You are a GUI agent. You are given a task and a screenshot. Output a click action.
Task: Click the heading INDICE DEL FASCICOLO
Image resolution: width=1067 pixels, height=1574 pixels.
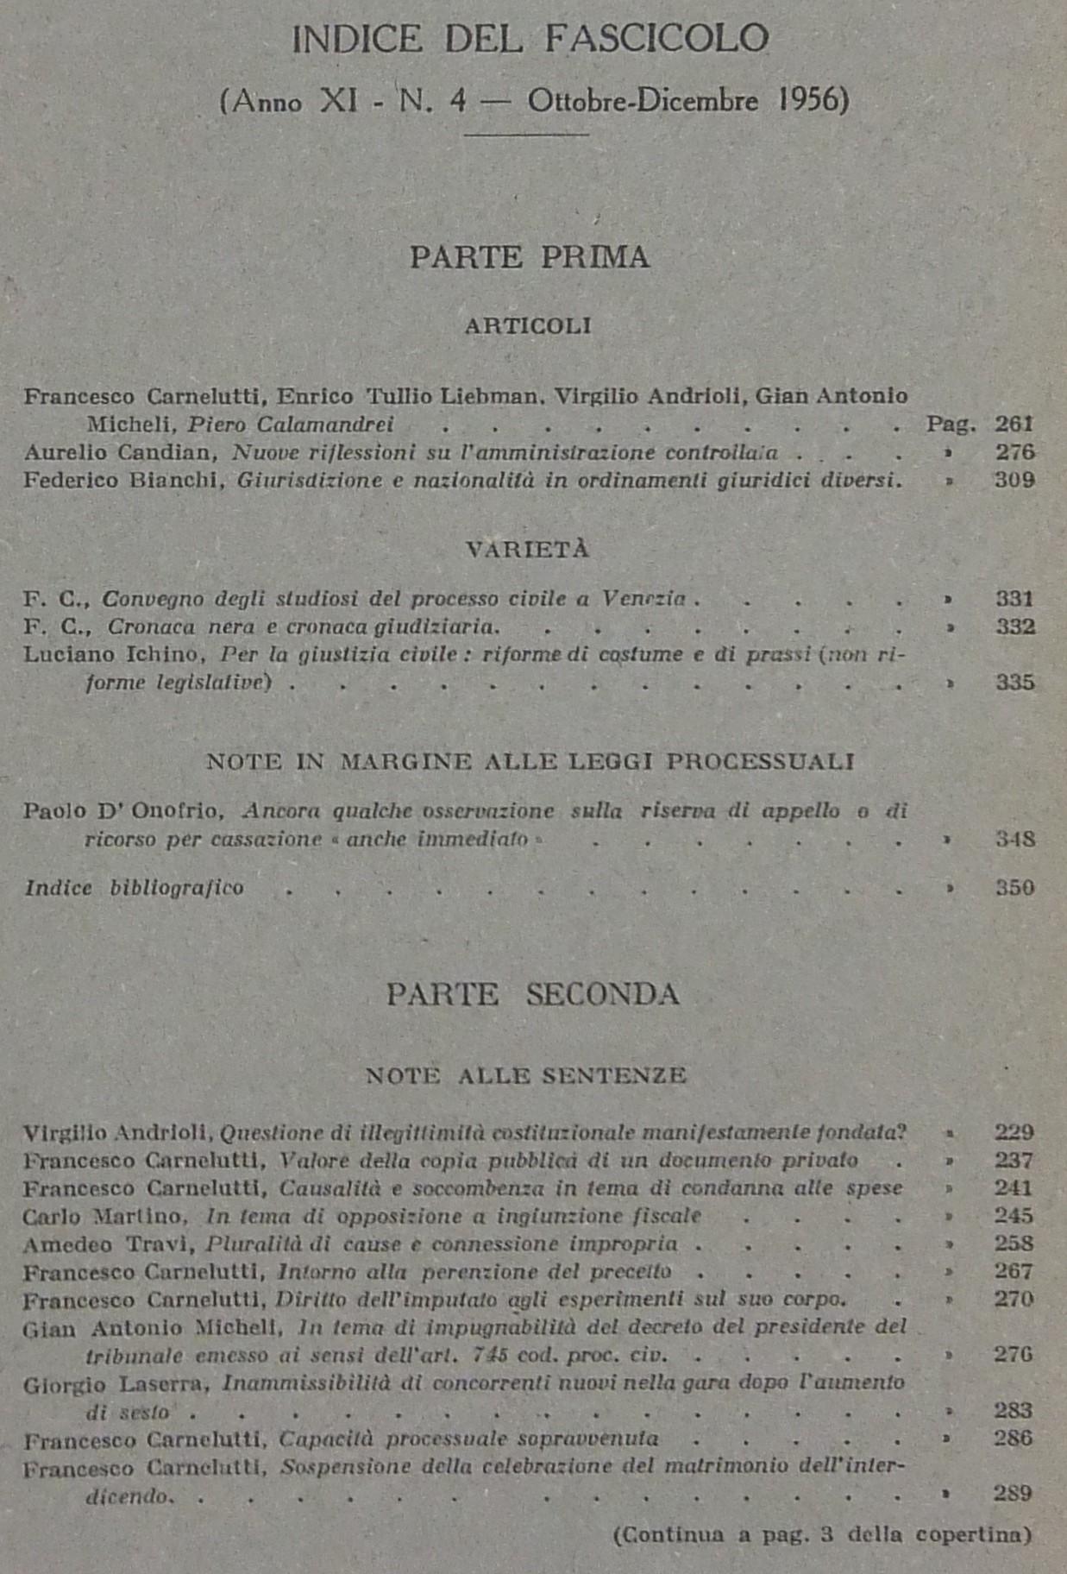[x=530, y=40]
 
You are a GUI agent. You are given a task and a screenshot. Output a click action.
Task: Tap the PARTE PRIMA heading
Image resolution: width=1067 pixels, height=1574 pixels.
[x=530, y=257]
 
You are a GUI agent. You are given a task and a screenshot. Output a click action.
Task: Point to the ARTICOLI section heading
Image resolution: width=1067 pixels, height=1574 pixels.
[x=528, y=326]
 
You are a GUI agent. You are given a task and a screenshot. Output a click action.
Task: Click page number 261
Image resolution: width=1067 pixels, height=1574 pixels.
[x=1014, y=424]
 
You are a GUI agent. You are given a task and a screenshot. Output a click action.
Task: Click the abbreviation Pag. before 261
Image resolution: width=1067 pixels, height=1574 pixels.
[x=951, y=425]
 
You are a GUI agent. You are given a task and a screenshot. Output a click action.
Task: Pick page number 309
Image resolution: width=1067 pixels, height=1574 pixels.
[x=1014, y=480]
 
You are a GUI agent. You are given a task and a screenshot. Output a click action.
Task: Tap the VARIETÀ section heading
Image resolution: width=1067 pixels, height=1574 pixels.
[x=528, y=550]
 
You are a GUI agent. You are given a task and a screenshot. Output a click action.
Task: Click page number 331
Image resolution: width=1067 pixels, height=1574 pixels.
[x=1014, y=599]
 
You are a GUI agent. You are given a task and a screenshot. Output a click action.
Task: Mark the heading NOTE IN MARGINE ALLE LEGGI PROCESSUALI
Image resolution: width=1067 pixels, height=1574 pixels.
[x=530, y=762]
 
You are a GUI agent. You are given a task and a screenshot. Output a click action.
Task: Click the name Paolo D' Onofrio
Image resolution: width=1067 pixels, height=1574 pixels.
[x=123, y=811]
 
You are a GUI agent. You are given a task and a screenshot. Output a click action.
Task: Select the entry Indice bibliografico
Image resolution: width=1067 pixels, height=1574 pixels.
[x=134, y=888]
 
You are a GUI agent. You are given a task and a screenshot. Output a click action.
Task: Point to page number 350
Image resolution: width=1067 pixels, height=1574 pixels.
[x=1014, y=888]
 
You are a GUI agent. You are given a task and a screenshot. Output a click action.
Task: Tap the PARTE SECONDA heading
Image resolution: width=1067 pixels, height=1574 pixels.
[x=532, y=995]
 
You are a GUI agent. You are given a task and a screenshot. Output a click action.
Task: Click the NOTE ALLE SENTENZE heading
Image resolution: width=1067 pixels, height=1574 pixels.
[x=526, y=1076]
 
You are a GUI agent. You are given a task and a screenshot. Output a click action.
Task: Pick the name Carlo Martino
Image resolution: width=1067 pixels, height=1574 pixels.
[x=104, y=1216]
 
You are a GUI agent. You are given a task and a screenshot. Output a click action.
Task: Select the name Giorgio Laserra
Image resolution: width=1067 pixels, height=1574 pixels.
[x=116, y=1384]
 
